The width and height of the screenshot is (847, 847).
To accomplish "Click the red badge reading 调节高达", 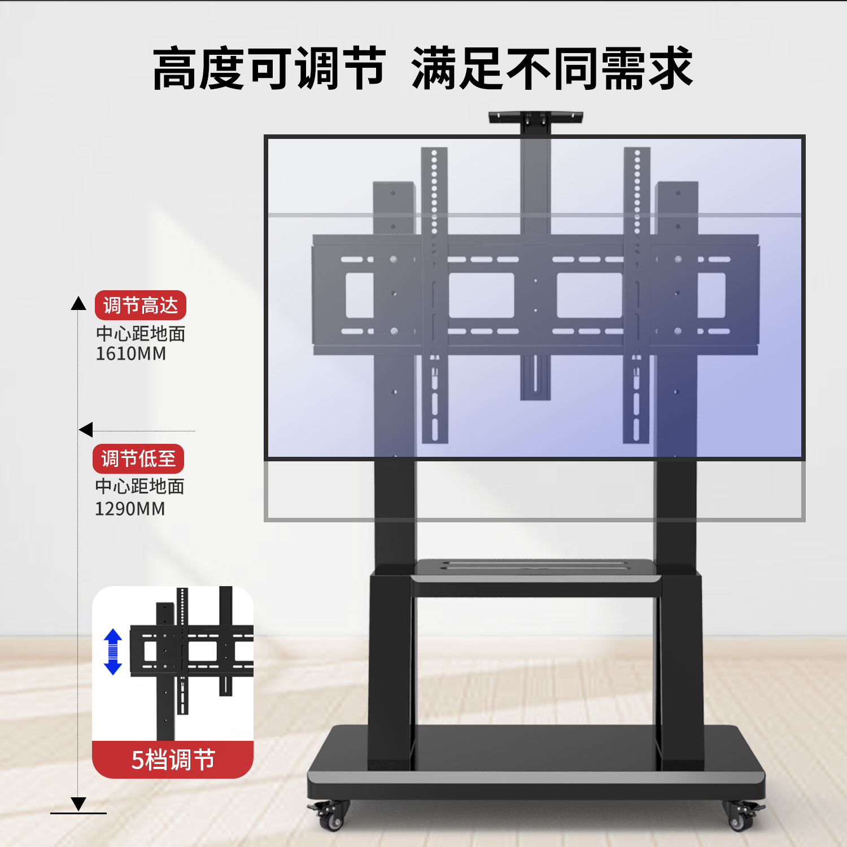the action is point(140,305).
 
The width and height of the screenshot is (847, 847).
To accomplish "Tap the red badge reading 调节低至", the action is point(138,459).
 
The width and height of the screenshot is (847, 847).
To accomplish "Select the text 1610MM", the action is point(130,354).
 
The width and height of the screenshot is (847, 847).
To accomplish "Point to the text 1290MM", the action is point(129,509).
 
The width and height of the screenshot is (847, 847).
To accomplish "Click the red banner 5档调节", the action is point(173,759).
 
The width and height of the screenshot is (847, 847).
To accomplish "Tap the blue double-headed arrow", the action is point(113,652).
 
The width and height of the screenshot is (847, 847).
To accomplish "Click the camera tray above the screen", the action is point(535,117).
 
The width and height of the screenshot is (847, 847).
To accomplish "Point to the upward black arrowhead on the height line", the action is point(78,303).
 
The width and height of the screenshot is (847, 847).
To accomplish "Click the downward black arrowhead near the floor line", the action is point(78,803).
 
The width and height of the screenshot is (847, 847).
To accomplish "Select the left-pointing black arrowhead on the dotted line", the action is point(86,430).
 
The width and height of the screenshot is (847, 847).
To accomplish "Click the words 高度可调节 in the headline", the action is point(269,69).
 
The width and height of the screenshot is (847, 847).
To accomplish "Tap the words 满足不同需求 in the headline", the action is point(552,69).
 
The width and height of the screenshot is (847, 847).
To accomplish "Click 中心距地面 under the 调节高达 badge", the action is point(141,334).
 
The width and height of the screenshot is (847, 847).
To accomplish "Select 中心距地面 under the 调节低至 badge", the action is point(139,486).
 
